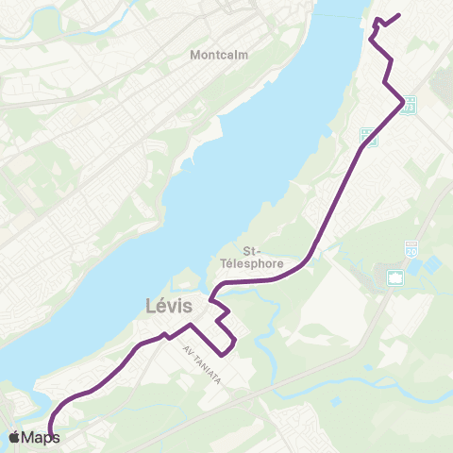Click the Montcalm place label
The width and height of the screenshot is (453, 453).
[218, 55]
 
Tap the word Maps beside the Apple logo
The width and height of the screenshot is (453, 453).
[42, 438]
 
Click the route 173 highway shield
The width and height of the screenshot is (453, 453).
[408, 106]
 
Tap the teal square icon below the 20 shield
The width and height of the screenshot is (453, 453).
[394, 277]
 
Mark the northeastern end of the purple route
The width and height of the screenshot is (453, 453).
[401, 14]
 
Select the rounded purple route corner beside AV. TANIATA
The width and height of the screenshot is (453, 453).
[226, 353]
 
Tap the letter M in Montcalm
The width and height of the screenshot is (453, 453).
[195, 55]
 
